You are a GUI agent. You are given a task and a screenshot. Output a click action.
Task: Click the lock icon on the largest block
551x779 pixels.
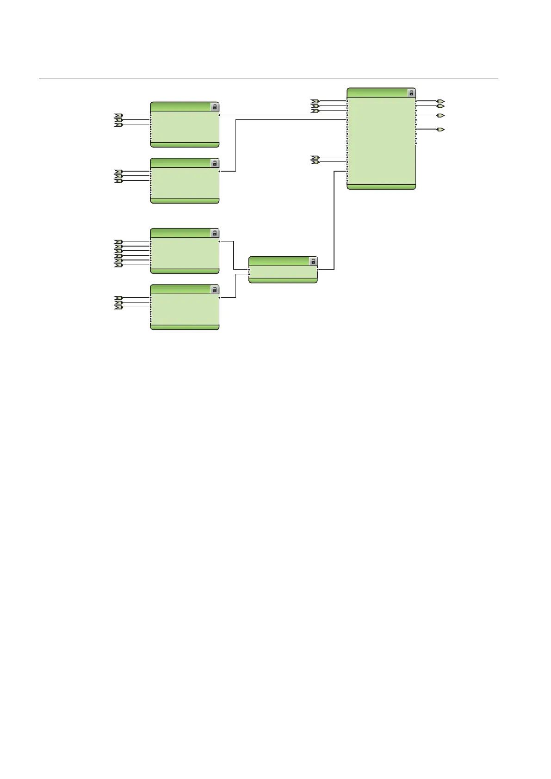pos(411,93)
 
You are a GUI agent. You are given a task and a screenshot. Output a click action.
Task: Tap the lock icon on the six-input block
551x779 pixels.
pos(215,233)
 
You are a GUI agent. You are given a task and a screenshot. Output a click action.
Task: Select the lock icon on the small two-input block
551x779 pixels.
pos(313,261)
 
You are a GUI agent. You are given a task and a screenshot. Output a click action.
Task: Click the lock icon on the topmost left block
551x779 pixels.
pos(215,107)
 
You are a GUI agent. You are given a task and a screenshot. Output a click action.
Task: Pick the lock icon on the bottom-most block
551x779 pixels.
pos(215,290)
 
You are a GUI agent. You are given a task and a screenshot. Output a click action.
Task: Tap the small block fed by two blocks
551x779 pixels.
pos(283,272)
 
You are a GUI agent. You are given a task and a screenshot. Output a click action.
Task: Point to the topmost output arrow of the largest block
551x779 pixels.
pos(441,101)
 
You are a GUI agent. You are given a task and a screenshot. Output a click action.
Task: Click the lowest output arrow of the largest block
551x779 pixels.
pos(441,130)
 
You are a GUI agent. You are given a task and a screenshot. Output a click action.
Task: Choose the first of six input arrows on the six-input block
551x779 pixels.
pos(118,241)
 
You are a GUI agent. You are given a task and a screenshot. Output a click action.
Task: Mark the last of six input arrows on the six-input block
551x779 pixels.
pos(118,265)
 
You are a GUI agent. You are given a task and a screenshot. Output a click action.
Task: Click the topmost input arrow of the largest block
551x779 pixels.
pos(315,101)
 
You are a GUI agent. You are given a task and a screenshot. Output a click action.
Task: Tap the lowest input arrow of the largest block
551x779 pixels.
pos(315,162)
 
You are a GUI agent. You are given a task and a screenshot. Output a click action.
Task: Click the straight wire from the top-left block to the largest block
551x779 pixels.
pos(282,115)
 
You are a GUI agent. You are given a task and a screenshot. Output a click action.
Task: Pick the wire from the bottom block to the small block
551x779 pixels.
pos(235,286)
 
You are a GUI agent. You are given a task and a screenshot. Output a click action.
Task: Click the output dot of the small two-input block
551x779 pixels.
pos(318,269)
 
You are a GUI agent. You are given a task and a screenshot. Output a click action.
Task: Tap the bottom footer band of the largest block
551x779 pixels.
pos(381,187)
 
